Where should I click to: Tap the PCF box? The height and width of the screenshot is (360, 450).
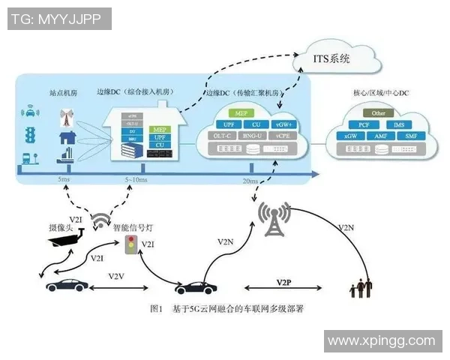364,124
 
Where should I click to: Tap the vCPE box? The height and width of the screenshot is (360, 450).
283,136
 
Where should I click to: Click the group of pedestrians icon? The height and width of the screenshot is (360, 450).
362,288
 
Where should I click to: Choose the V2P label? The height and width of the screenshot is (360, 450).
283,281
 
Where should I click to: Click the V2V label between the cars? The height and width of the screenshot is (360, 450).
116,276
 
